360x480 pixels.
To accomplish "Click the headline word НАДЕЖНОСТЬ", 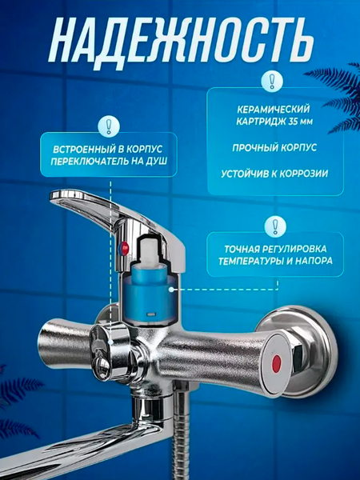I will (180, 38).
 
